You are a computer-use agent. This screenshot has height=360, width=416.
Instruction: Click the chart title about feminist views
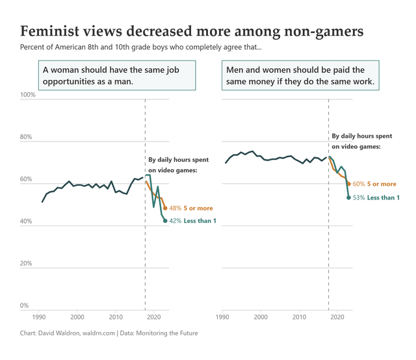pyautogui.click(x=192, y=31)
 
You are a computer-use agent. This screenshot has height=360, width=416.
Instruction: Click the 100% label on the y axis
pyautogui.click(x=28, y=95)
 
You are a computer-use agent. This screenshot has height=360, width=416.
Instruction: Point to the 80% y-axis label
pyautogui.click(x=28, y=137)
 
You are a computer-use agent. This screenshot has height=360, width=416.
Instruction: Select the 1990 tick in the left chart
pyautogui.click(x=38, y=317)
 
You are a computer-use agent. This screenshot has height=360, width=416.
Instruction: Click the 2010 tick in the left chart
pyautogui.click(x=116, y=317)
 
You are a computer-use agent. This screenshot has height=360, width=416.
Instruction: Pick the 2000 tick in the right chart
pyautogui.click(x=261, y=317)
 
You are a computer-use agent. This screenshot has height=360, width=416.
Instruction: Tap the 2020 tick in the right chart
pyautogui.click(x=337, y=317)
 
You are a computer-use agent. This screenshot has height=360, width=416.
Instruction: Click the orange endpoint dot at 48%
pyautogui.click(x=165, y=209)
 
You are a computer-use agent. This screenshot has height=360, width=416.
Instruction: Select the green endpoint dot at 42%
pyautogui.click(x=165, y=221)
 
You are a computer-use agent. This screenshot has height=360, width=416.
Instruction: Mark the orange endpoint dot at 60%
pyautogui.click(x=349, y=184)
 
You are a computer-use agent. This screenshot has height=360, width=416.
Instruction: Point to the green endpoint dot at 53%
pyautogui.click(x=349, y=198)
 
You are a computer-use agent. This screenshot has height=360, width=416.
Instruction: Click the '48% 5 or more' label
pyautogui.click(x=192, y=209)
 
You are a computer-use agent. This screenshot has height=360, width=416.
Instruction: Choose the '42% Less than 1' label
pyautogui.click(x=196, y=221)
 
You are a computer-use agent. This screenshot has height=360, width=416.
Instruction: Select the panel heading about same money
pyautogui.click(x=300, y=75)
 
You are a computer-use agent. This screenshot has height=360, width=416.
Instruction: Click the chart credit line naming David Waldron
pyautogui.click(x=109, y=333)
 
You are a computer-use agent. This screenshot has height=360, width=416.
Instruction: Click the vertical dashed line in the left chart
pyautogui.click(x=145, y=260)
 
